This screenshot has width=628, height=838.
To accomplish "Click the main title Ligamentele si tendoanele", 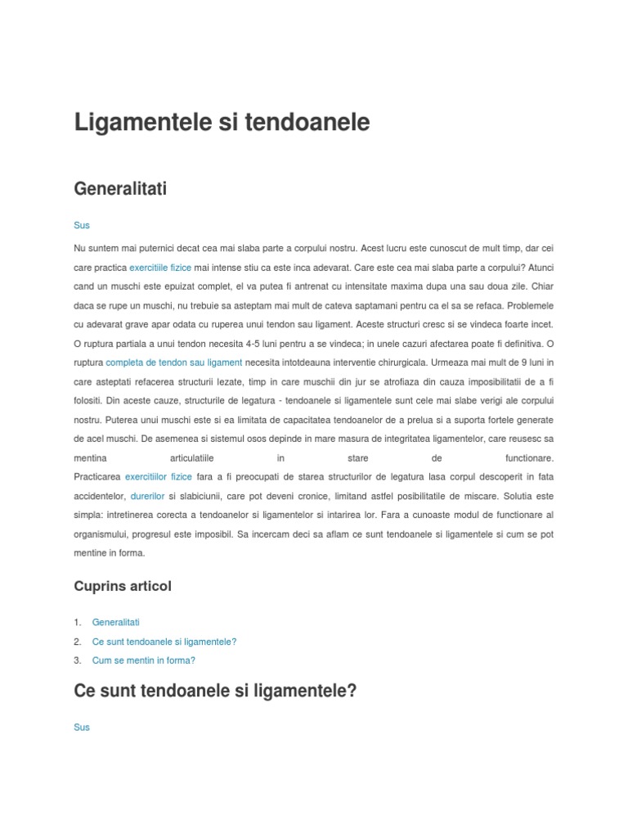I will click(222, 123).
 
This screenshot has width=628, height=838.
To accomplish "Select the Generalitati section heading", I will click(120, 189).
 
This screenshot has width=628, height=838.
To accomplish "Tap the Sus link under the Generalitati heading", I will click(82, 225).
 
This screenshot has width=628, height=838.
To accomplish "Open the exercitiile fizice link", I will click(160, 267).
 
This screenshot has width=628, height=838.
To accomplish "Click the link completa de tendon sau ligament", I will click(174, 362).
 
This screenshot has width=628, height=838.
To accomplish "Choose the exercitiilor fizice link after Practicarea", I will click(159, 476).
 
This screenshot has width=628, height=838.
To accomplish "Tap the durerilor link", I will click(147, 496).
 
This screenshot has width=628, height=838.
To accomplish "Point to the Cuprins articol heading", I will click(123, 586).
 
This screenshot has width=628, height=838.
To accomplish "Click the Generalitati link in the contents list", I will click(116, 623).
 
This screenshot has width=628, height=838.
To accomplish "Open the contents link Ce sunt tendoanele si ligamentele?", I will click(164, 642).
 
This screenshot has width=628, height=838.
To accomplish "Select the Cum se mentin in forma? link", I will click(144, 660).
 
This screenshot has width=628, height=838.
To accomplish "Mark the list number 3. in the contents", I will click(78, 660).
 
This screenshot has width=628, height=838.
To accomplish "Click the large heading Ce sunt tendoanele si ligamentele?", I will click(216, 691).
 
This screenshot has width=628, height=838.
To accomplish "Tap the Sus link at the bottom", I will click(82, 727).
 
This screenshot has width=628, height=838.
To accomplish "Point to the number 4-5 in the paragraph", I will click(245, 343).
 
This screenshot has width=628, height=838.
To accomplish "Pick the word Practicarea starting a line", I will click(96, 476).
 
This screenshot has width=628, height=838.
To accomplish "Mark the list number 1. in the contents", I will click(78, 623).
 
